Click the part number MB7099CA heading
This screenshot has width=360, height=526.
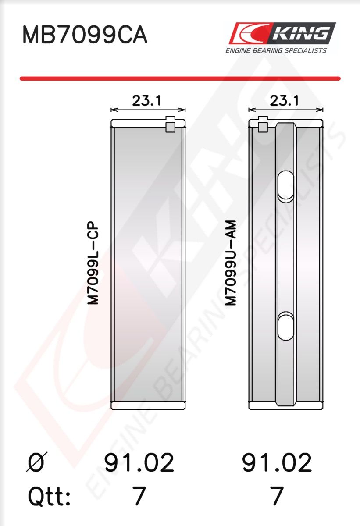[x=85, y=35]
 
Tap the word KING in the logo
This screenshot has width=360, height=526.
[x=302, y=33]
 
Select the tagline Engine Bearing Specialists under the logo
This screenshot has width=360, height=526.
[x=276, y=50]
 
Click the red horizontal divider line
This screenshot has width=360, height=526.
[x=180, y=78]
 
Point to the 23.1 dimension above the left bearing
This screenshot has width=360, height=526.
[x=146, y=101]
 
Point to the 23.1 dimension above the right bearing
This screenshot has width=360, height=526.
[x=284, y=101]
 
